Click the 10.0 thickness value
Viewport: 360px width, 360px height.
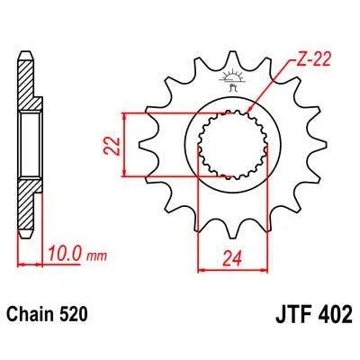coord(69,256)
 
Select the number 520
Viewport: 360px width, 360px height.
coord(75,318)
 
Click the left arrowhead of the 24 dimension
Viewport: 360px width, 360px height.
coord(201,268)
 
